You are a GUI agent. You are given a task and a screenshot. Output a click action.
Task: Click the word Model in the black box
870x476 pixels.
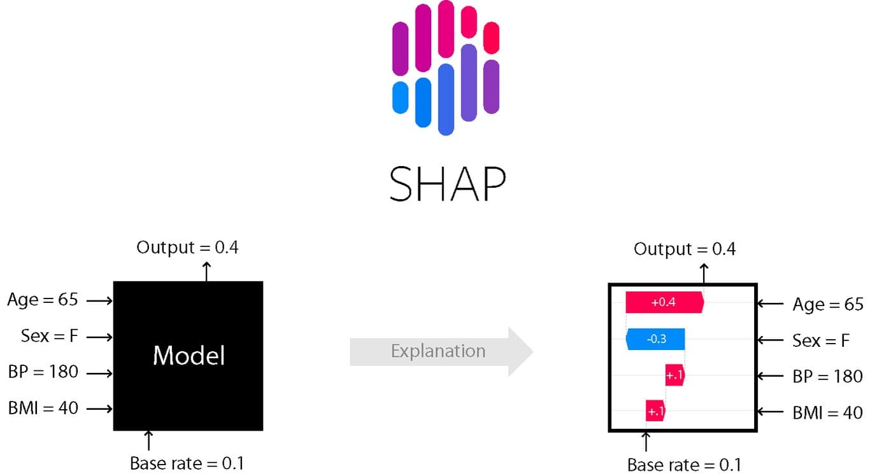click(x=189, y=355)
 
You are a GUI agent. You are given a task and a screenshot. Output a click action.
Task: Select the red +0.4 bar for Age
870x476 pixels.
click(x=664, y=303)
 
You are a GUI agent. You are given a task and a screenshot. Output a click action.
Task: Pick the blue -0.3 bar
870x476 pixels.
click(x=655, y=339)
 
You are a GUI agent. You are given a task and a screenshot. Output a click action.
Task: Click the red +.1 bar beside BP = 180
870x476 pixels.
click(x=674, y=375)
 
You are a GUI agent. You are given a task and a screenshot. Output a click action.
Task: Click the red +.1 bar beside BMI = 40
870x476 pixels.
click(x=655, y=412)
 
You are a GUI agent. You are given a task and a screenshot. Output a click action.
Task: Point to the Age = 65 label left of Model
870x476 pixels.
click(x=43, y=300)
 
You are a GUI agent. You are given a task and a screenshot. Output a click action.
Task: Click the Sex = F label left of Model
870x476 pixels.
click(x=49, y=336)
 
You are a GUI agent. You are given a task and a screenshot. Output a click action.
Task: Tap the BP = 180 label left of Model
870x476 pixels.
click(x=43, y=372)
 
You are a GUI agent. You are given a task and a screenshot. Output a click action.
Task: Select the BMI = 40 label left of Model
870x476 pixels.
click(x=43, y=408)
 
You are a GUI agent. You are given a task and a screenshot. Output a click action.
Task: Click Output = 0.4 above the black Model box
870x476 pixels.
click(x=187, y=248)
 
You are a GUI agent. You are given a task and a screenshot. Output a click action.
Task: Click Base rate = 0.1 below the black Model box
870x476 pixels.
click(x=187, y=463)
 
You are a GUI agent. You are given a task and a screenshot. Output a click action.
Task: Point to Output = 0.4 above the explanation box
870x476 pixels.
click(x=685, y=249)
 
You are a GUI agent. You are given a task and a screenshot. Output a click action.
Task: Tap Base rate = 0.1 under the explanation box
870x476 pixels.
click(x=684, y=465)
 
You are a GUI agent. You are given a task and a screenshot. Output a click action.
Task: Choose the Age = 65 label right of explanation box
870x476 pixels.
click(x=827, y=305)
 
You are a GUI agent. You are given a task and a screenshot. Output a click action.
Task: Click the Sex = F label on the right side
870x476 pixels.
click(x=821, y=340)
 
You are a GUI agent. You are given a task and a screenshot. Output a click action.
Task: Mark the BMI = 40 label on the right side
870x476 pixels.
click(x=827, y=413)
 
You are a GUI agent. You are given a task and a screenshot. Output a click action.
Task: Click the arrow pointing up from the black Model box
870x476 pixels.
click(x=206, y=270)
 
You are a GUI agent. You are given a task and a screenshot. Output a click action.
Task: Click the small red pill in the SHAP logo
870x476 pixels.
click(x=491, y=37)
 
